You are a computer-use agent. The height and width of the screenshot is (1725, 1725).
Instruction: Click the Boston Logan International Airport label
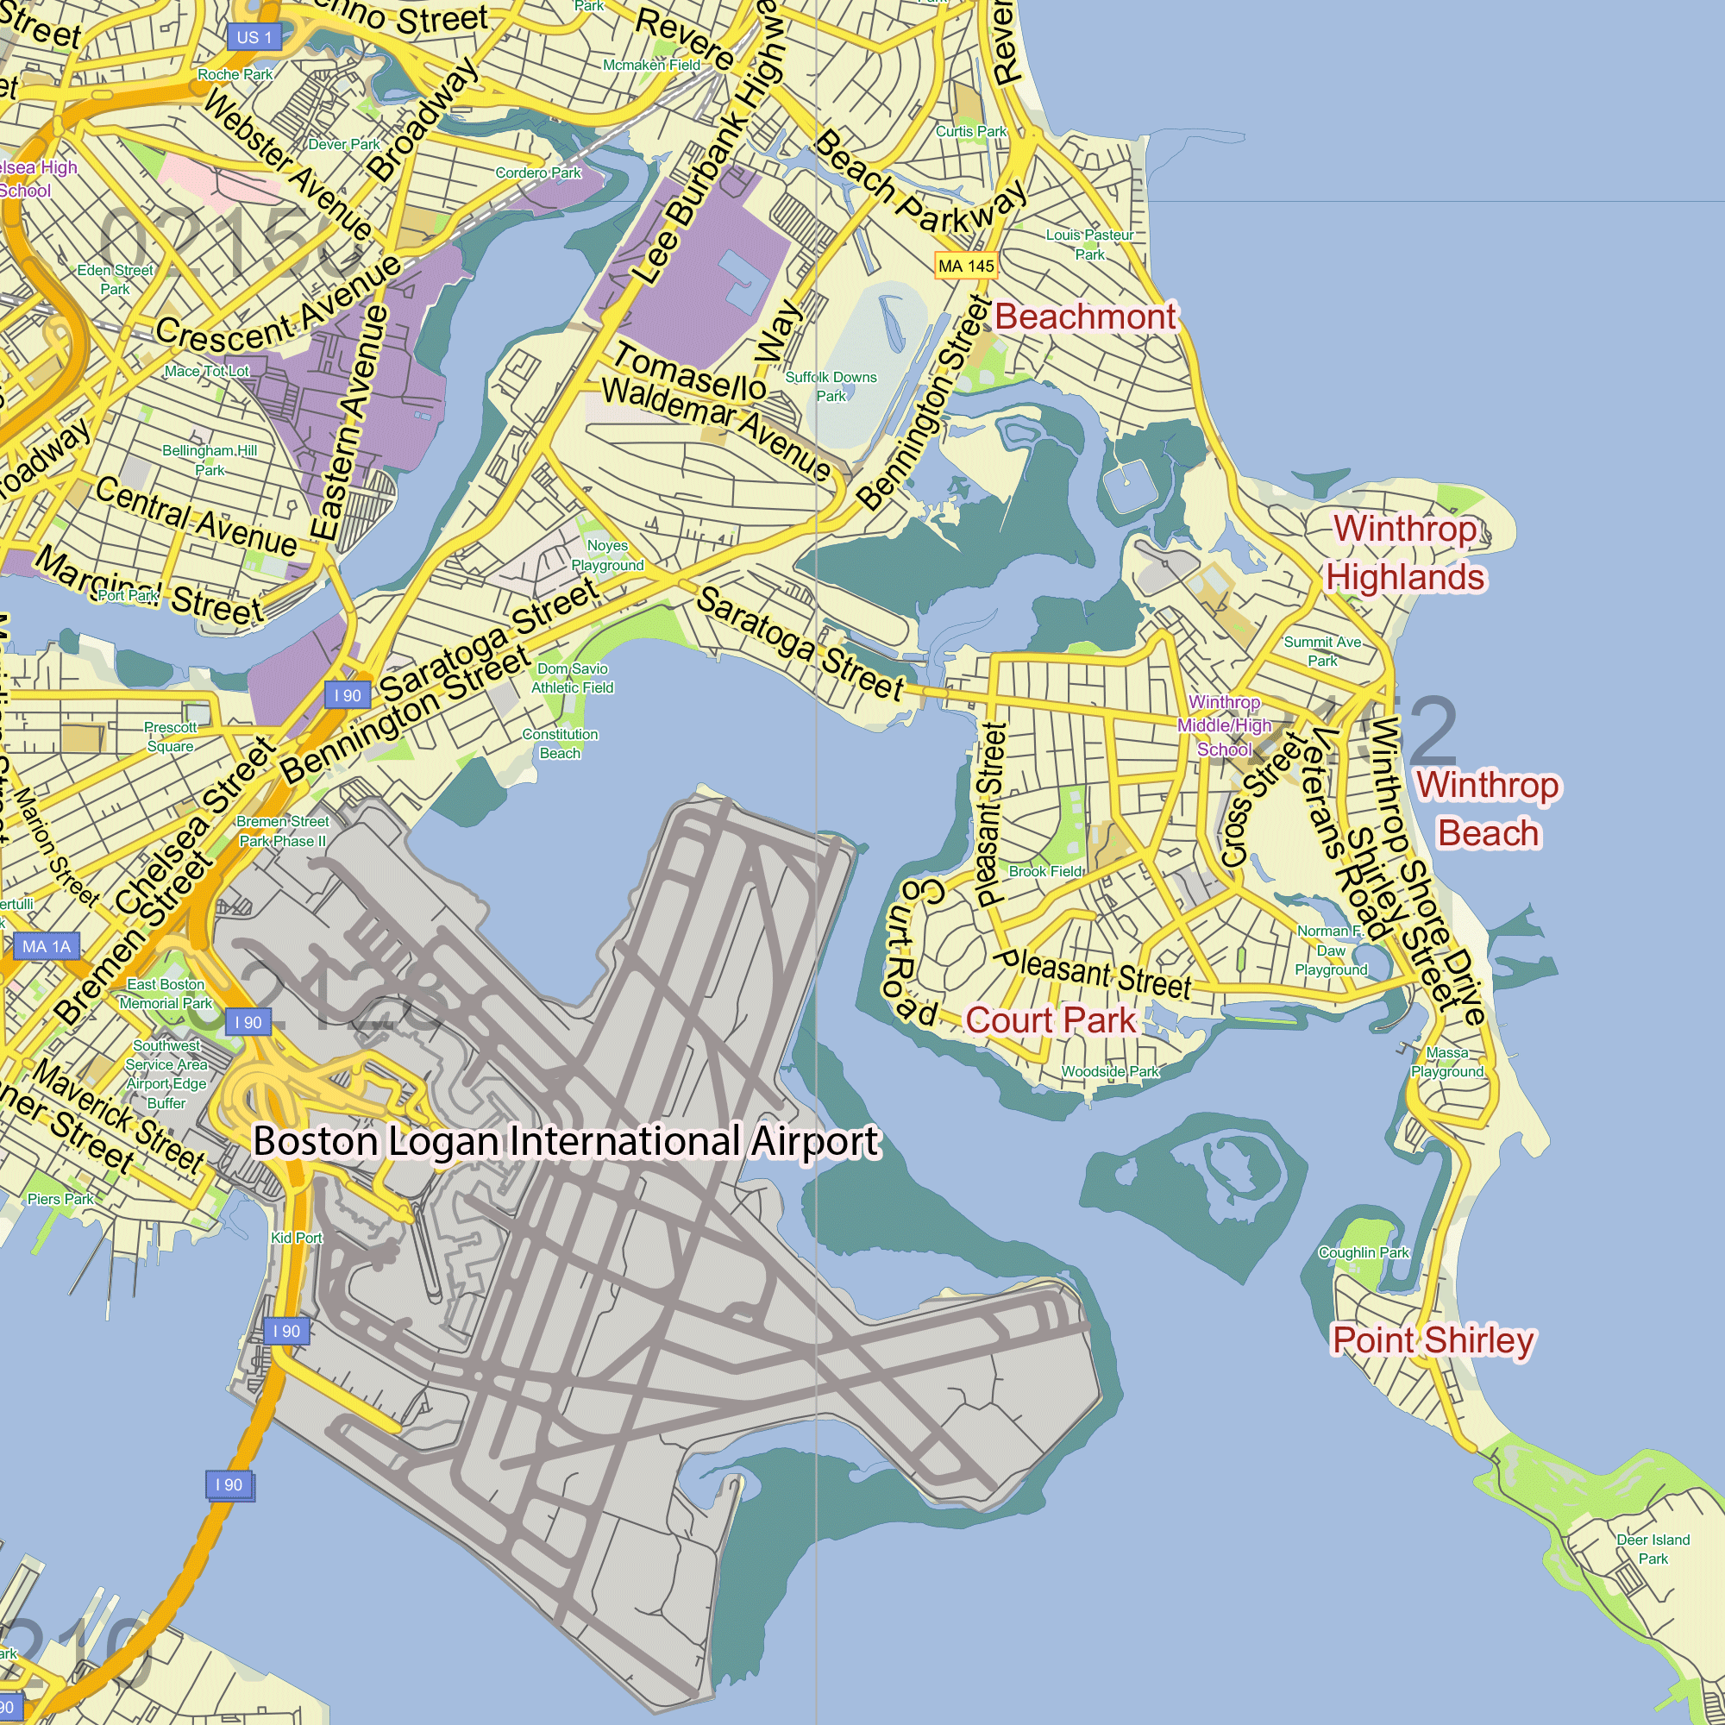566,1141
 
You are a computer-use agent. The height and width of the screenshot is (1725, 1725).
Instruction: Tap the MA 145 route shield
966,266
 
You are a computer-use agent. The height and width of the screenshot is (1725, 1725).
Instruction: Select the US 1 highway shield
254,37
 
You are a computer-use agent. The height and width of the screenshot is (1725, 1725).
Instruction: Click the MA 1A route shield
47,946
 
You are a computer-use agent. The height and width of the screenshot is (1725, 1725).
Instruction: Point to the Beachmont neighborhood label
1085,317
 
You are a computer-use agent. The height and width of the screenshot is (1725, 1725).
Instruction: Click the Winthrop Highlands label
1405,553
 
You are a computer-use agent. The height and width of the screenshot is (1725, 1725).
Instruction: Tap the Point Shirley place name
1433,1340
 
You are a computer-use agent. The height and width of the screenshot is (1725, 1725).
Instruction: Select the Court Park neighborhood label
1050,1019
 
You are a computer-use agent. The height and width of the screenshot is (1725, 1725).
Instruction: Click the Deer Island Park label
1653,1549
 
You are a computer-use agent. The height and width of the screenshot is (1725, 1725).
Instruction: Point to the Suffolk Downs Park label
831,386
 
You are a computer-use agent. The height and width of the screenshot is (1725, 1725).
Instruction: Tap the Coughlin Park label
1364,1252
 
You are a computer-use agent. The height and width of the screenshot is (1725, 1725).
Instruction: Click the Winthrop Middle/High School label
1224,726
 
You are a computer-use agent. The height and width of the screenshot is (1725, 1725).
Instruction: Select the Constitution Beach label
560,743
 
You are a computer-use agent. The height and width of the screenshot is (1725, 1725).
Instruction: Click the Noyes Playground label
607,555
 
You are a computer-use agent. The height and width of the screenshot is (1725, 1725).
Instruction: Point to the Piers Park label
60,1199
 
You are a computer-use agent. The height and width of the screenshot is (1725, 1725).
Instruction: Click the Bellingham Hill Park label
210,460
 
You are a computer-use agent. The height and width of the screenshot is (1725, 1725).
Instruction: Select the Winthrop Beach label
1489,809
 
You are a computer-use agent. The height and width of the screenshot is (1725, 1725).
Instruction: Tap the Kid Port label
297,1238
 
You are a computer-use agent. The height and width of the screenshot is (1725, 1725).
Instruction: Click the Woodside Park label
1110,1071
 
